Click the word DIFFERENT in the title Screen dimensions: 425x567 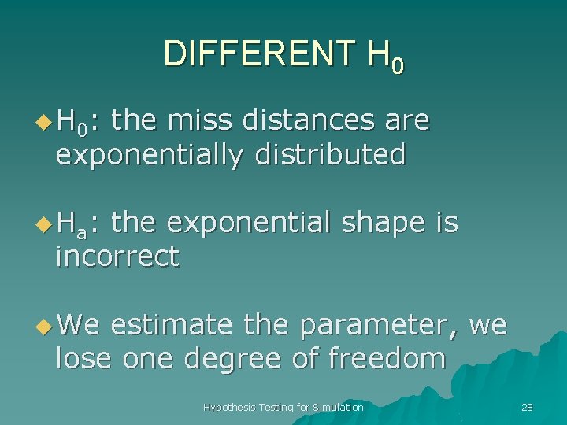click(259, 54)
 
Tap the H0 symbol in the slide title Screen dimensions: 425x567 click(386, 57)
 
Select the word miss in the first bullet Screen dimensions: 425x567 click(206, 120)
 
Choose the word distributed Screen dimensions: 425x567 click(330, 154)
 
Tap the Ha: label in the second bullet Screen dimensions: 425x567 click(79, 224)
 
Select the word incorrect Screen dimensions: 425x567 click(117, 257)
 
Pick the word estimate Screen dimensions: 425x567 click(171, 325)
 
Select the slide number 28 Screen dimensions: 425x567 click(527, 407)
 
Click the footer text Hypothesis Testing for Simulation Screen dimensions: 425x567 click(283, 407)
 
